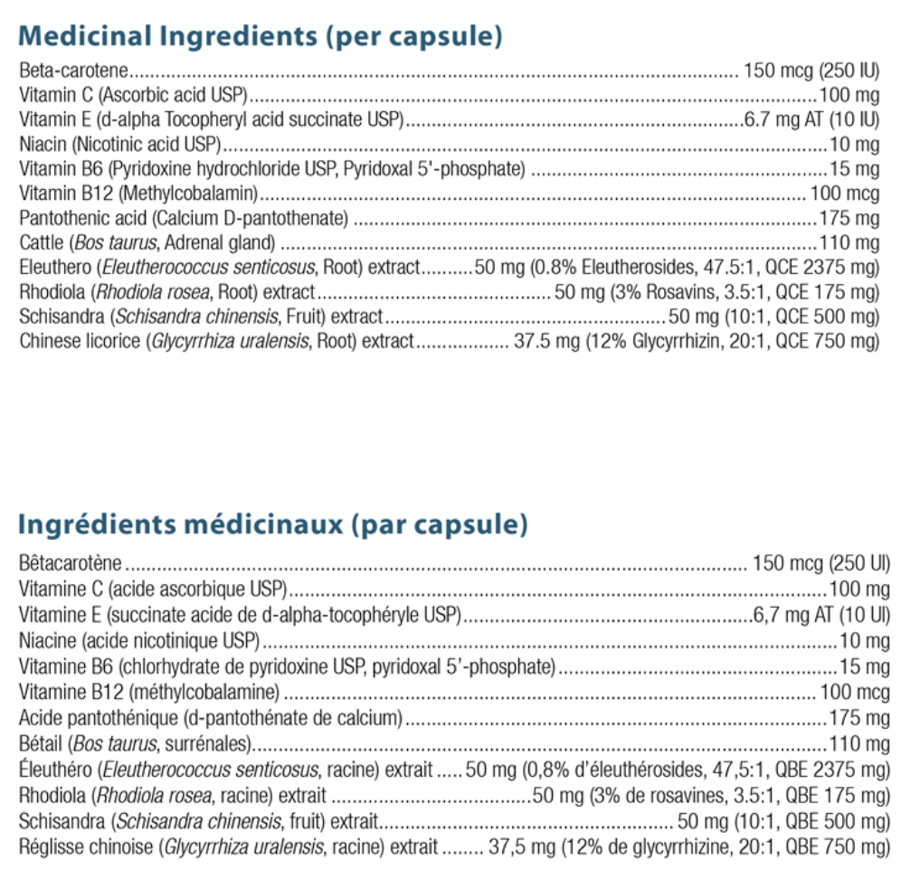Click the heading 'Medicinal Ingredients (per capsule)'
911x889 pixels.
point(260,37)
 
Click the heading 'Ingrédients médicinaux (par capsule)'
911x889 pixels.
point(272,525)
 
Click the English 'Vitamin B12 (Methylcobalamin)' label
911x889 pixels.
point(139,194)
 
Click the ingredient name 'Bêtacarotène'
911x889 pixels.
point(70,565)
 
